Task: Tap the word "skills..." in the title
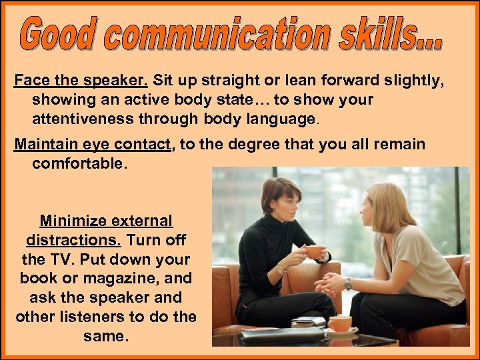coord(386,37)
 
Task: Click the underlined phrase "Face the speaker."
coord(81,81)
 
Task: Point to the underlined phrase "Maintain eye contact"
coord(93,145)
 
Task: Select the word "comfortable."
coord(79,163)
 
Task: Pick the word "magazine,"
coord(151,279)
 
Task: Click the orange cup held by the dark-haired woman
coord(313,252)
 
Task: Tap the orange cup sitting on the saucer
coord(340,323)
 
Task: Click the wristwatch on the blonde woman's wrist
coord(347,283)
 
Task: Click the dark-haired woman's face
coord(280,203)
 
